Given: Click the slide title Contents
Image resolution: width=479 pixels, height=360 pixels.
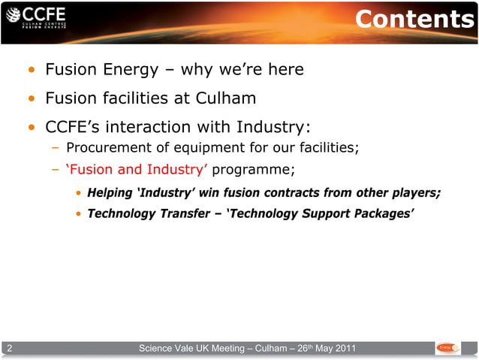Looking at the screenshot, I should pyautogui.click(x=414, y=20).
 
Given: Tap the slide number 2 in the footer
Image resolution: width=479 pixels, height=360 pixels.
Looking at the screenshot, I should pyautogui.click(x=9, y=348).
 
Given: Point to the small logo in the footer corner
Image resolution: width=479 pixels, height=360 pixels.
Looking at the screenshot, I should pyautogui.click(x=448, y=348).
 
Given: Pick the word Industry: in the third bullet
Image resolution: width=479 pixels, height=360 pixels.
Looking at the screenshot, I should pyautogui.click(x=273, y=126).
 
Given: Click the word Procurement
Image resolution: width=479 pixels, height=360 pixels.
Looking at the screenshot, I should pyautogui.click(x=109, y=147).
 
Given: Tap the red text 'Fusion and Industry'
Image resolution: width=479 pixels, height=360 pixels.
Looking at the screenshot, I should pyautogui.click(x=137, y=168).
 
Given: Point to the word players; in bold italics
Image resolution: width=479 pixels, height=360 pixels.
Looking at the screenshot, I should pyautogui.click(x=414, y=192).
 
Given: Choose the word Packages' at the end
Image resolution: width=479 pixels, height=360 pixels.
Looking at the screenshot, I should pyautogui.click(x=384, y=213).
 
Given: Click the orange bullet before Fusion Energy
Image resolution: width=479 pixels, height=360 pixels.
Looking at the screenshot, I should pyautogui.click(x=31, y=71).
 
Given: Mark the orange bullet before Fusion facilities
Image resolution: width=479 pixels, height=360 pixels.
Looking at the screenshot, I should pyautogui.click(x=31, y=100).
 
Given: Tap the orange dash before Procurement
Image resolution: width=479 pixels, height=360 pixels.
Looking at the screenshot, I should pyautogui.click(x=56, y=147).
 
